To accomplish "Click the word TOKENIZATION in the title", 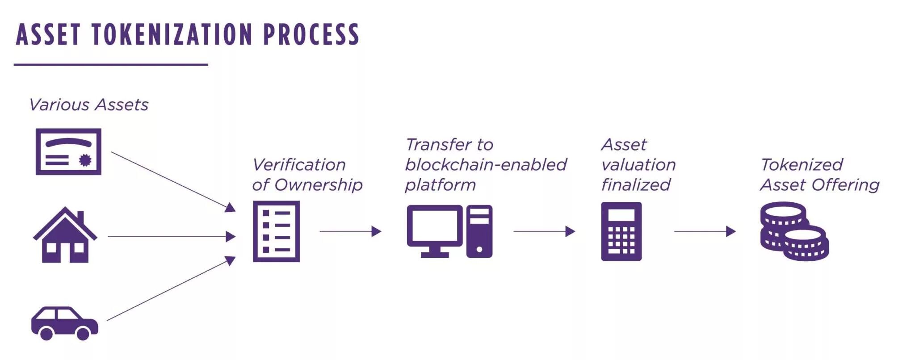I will pyautogui.click(x=172, y=35).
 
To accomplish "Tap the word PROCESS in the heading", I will pyautogui.click(x=311, y=35).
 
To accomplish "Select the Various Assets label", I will pyautogui.click(x=88, y=105).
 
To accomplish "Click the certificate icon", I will pyautogui.click(x=68, y=151).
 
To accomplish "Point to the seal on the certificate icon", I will pyautogui.click(x=85, y=160).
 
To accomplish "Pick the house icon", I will pyautogui.click(x=65, y=235).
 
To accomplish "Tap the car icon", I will pyautogui.click(x=64, y=322).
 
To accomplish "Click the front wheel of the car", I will pyautogui.click(x=83, y=333).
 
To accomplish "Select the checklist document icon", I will pyautogui.click(x=276, y=231).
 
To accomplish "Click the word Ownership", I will pyautogui.click(x=318, y=185).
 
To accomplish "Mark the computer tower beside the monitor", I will pyautogui.click(x=479, y=231).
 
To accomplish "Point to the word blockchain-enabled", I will pyautogui.click(x=486, y=165).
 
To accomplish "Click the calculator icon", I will pyautogui.click(x=621, y=231).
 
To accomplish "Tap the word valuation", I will pyautogui.click(x=638, y=165).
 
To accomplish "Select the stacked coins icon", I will pyautogui.click(x=794, y=231).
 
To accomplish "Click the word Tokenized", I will pyautogui.click(x=802, y=165).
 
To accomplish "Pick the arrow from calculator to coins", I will pyautogui.click(x=705, y=231).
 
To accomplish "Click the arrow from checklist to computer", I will pyautogui.click(x=350, y=231).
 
